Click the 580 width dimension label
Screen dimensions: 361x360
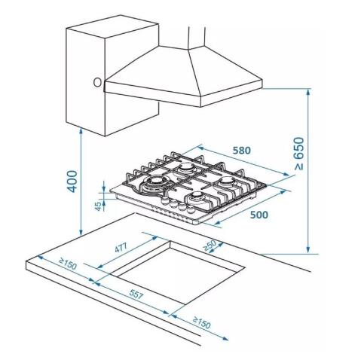click(242, 151)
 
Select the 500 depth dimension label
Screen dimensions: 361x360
click(259, 215)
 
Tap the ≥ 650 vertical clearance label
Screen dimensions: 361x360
click(299, 154)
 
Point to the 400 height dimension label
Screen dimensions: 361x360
click(72, 182)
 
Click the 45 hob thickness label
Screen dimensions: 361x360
click(99, 206)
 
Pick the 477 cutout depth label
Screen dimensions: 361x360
click(121, 248)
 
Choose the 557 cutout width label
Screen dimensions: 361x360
click(136, 294)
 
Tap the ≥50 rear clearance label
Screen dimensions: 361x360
click(210, 246)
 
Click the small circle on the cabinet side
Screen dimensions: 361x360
click(97, 83)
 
